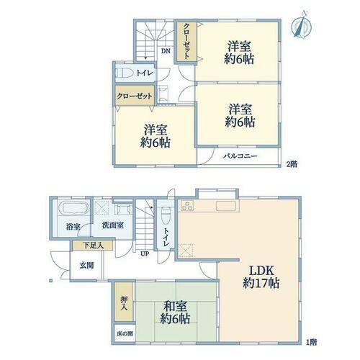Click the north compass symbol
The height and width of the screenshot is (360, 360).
point(301,24)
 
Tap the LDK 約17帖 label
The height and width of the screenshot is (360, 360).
point(261,277)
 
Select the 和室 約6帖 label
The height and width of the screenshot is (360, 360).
point(175,312)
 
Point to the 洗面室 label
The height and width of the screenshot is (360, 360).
point(113,225)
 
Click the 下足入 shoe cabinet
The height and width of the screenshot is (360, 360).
point(93,246)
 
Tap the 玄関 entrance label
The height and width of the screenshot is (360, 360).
point(86,266)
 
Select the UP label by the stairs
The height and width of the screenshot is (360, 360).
point(145,253)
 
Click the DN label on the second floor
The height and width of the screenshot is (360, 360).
point(166,51)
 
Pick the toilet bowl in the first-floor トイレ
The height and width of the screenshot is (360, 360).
point(165,215)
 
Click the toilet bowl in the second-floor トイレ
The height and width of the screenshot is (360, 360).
point(125,73)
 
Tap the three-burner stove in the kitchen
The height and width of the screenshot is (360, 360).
point(187,206)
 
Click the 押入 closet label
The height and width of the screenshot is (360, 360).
point(124,303)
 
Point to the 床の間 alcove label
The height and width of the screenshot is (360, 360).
point(125,333)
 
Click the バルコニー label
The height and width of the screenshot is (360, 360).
point(240,156)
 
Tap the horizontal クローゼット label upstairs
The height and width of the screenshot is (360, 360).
point(135,96)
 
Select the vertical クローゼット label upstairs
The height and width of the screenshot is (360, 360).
point(186,41)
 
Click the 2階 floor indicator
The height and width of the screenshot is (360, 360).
point(292,164)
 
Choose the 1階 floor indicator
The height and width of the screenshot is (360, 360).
point(312,342)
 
